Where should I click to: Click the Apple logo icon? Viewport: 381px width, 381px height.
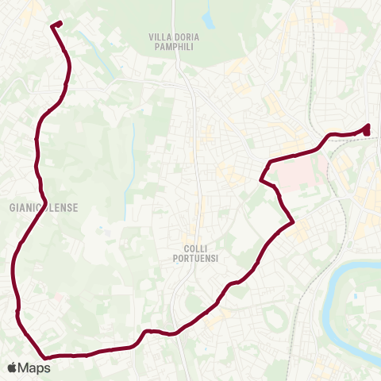coord(12,368)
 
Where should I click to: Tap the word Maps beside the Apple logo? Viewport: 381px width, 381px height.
coord(35,368)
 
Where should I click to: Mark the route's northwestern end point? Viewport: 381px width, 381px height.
coord(55,24)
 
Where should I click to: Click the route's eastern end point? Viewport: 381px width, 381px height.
coord(367,129)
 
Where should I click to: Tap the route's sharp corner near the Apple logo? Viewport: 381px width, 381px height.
coord(44,357)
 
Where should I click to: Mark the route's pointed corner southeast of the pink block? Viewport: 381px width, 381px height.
coord(294,221)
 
